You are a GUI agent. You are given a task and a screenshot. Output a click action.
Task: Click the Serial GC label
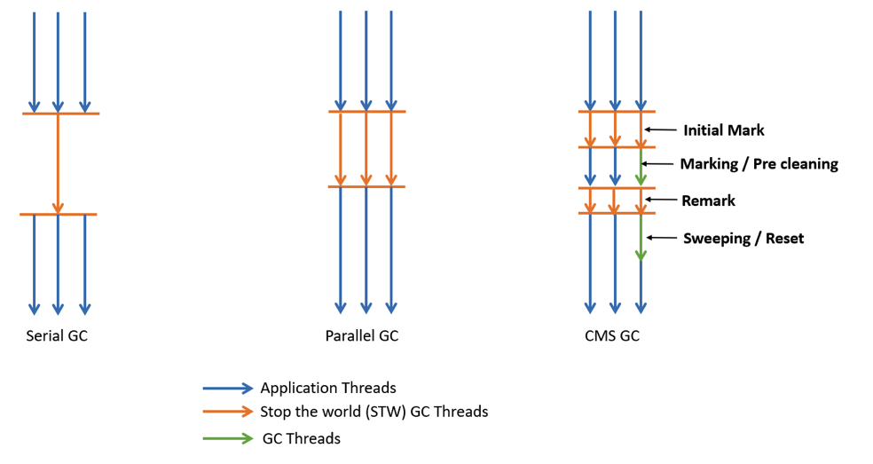[x=57, y=336]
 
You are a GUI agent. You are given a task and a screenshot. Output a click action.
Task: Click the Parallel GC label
[x=361, y=336]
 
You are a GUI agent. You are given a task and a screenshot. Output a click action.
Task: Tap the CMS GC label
[x=611, y=336]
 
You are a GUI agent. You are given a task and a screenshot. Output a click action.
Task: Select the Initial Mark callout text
[x=723, y=130]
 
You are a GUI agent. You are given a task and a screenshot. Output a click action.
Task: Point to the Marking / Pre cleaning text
[x=759, y=164]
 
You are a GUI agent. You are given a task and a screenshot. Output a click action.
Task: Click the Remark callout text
[x=708, y=201]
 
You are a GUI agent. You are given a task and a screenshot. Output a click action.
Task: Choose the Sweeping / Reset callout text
[x=743, y=238]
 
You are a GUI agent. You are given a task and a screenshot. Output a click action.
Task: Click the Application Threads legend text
[x=327, y=388]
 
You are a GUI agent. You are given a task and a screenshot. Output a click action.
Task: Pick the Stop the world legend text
[x=374, y=412]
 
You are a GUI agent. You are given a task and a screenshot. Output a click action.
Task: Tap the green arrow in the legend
[x=227, y=437]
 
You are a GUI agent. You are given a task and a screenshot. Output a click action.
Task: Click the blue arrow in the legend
[x=227, y=388]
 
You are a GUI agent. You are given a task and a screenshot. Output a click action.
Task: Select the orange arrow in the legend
[x=227, y=412]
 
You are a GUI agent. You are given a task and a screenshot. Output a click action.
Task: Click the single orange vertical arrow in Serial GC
[x=58, y=164]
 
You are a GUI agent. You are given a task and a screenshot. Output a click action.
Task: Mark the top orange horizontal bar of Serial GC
[x=60, y=114]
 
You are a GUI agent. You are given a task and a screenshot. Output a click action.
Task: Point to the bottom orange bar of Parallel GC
[x=366, y=186]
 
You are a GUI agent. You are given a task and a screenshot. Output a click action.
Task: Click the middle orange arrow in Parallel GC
[x=366, y=149]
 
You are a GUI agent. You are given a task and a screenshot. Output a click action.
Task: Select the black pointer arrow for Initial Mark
[x=660, y=130]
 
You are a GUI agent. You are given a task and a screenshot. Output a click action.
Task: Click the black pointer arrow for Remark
[x=660, y=199]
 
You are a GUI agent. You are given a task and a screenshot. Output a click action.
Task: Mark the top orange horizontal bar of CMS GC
[x=617, y=112]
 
